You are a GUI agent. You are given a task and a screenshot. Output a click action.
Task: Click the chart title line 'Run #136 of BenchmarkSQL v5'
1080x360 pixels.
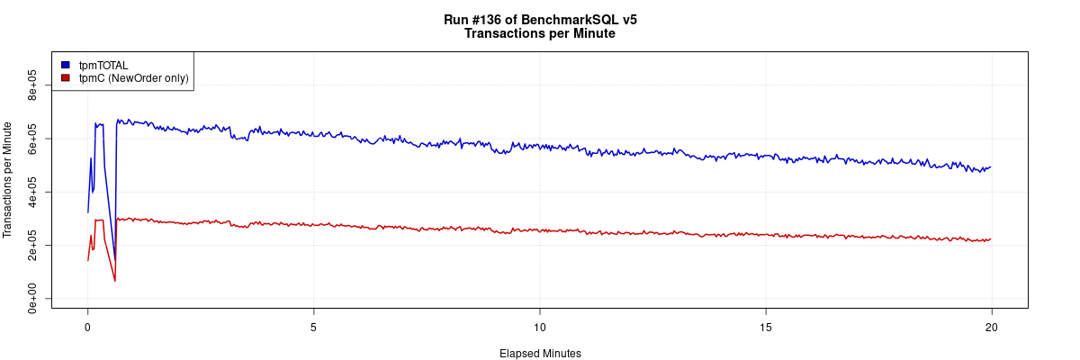coord(540,20)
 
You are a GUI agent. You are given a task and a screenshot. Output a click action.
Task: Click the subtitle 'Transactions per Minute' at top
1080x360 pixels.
coord(540,34)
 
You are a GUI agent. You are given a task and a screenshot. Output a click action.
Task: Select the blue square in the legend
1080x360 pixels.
coord(66,65)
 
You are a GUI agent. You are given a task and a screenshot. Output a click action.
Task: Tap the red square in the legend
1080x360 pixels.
coord(66,78)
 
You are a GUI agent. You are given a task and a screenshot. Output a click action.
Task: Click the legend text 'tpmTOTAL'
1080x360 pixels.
coord(103,65)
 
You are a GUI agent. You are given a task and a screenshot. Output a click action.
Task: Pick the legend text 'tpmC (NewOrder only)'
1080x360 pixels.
coord(134,78)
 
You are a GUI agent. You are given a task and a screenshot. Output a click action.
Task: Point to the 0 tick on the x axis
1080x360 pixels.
coord(87,326)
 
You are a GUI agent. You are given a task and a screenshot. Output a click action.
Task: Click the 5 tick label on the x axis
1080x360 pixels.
coord(313,326)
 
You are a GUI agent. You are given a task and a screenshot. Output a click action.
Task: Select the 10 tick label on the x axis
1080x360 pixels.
coord(539,326)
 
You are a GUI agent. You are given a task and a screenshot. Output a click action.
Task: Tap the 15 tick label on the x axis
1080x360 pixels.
coord(765,326)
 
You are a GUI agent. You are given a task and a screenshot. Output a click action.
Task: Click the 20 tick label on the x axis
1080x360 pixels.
coord(991,326)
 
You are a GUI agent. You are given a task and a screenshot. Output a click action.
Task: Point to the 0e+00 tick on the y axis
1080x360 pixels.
coord(32,299)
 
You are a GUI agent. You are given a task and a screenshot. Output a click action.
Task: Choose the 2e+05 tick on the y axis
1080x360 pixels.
coord(32,245)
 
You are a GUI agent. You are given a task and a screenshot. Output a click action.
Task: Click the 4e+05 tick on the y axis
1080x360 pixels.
coord(32,192)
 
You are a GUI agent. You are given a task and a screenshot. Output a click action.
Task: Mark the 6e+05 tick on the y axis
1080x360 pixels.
coord(32,139)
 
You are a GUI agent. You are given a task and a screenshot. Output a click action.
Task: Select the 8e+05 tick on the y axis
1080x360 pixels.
coord(32,85)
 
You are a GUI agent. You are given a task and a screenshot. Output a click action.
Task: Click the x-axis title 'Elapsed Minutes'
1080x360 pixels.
coord(540,354)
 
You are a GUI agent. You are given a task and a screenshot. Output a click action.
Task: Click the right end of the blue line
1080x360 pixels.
coord(991,166)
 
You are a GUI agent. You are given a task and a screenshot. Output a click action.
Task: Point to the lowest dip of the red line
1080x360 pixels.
coord(114,281)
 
